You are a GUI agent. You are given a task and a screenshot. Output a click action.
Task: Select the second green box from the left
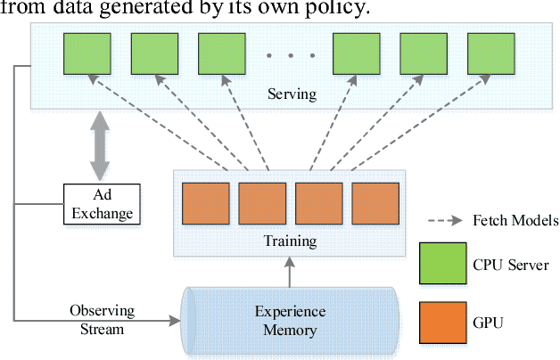click(x=153, y=54)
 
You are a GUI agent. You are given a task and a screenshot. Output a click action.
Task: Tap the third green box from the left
click(x=220, y=54)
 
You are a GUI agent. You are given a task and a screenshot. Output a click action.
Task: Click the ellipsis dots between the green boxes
click(x=290, y=55)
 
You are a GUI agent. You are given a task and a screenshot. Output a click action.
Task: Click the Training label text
click(x=291, y=241)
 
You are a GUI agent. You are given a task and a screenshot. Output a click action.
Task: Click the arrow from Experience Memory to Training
click(x=291, y=271)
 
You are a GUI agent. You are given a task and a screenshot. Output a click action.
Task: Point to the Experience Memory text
click(x=291, y=320)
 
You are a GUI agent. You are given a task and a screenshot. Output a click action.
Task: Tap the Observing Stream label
click(x=102, y=320)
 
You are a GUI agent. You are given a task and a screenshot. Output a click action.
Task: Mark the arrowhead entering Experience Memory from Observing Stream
click(x=176, y=319)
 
